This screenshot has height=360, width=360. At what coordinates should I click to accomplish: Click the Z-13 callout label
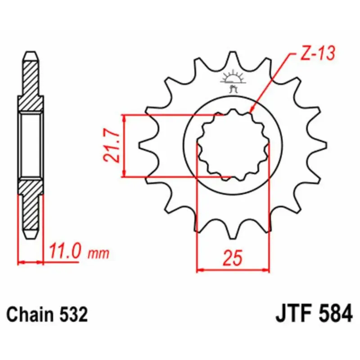click(317, 55)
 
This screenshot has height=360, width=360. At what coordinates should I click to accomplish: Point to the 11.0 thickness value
click(66, 252)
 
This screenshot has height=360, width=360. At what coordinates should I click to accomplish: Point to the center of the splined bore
click(233, 145)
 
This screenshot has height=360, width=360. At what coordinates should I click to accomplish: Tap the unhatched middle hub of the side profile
click(31, 145)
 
